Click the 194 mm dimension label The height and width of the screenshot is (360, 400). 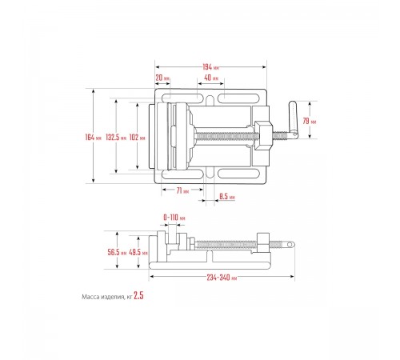(210, 67)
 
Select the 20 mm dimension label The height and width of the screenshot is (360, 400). (162, 78)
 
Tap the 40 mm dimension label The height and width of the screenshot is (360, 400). (211, 78)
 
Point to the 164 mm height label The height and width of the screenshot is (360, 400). (94, 138)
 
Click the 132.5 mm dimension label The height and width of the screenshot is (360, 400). (116, 138)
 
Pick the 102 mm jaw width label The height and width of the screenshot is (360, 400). (138, 138)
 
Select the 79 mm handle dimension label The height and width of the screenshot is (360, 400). (310, 121)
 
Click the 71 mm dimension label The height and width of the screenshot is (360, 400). (182, 190)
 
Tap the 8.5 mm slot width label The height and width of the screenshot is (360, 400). (227, 197)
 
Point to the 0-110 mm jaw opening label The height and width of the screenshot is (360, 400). (174, 218)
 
